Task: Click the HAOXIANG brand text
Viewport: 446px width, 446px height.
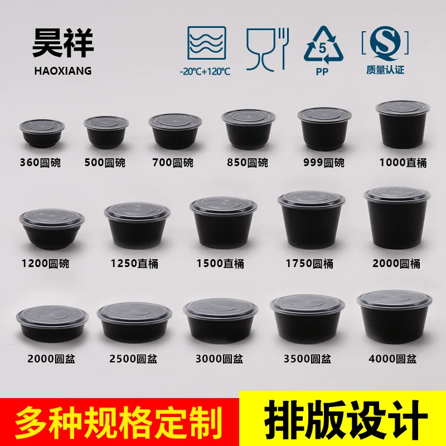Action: [x=62, y=71]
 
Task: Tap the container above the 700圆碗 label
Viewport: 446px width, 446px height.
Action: [x=174, y=132]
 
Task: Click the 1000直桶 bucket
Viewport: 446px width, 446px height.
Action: [x=403, y=125]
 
